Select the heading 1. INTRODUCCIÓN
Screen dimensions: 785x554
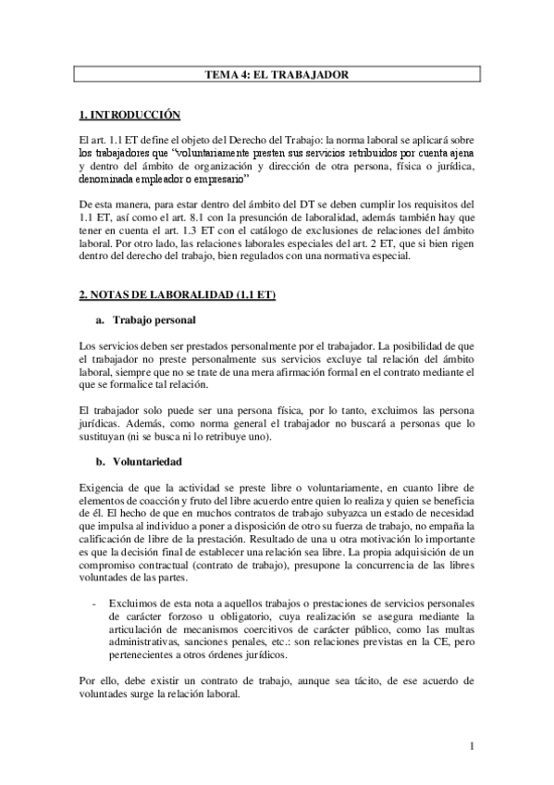tap(129, 115)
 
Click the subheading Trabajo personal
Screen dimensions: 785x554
tap(154, 320)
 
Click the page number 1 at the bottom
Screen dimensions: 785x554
tap(472, 745)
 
